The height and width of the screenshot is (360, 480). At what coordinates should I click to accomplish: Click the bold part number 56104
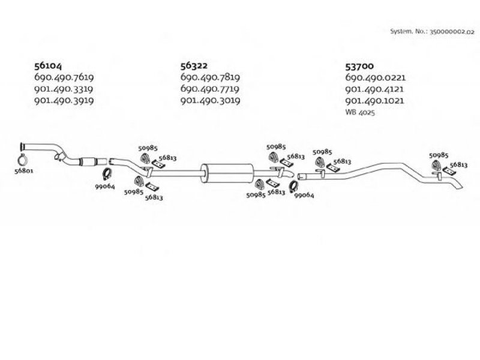point(48,66)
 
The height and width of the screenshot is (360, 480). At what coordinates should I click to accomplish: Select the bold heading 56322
point(194,65)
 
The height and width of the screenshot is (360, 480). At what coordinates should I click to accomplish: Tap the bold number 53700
point(359,66)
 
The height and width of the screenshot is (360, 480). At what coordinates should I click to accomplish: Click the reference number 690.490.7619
point(64,77)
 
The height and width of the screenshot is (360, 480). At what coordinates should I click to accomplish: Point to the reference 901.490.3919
point(64,100)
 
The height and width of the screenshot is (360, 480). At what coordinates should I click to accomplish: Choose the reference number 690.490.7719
point(210,89)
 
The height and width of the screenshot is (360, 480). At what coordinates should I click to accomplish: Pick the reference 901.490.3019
point(211,100)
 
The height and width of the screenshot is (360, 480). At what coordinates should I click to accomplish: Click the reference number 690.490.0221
point(376,77)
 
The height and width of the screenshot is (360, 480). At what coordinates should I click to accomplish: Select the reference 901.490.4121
point(374,89)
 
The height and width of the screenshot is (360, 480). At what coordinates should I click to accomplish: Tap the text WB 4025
point(360,112)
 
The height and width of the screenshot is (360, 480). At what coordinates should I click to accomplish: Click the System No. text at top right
point(432,31)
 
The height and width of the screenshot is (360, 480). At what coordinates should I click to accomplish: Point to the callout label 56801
point(23,171)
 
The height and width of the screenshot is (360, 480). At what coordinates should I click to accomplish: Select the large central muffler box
point(227,173)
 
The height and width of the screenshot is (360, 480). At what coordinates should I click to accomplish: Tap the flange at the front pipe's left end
point(22,147)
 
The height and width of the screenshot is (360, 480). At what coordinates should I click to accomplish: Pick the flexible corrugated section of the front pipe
point(88,161)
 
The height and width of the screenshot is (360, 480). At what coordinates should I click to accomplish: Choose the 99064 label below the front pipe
point(104,186)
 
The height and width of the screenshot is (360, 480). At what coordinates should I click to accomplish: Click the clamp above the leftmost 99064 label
point(107,174)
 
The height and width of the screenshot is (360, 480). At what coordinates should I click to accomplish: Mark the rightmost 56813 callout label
point(458,164)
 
